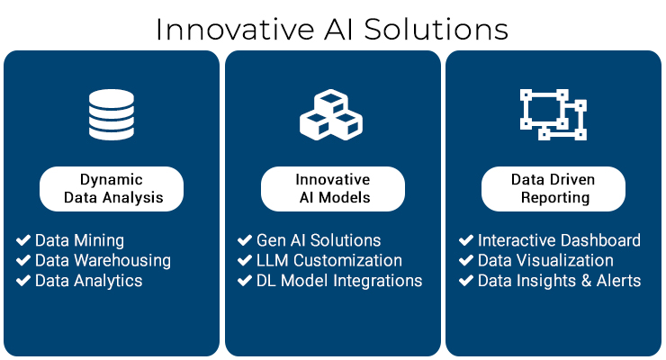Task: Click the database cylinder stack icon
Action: (x=112, y=114)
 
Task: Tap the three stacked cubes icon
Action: (x=331, y=114)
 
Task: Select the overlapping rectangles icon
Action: (x=553, y=114)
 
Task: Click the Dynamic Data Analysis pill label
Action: (x=112, y=189)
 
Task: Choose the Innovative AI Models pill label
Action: (x=333, y=189)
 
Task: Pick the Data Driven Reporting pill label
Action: (x=553, y=189)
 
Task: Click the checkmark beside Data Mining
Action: (x=23, y=240)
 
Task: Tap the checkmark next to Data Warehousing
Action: (x=23, y=260)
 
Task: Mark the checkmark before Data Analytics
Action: (x=23, y=281)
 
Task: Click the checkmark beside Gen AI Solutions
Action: (x=245, y=240)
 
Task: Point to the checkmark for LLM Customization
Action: (x=245, y=260)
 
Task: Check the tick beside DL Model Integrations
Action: (x=245, y=281)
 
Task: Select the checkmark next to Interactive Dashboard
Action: (x=466, y=240)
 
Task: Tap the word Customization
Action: (x=347, y=260)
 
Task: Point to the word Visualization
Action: (x=562, y=260)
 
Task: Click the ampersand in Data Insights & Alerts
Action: (x=586, y=281)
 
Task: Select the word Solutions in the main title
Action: (x=436, y=30)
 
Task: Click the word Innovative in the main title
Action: (x=235, y=30)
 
